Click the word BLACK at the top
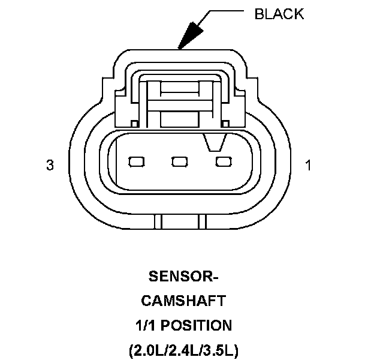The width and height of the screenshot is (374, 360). click(279, 14)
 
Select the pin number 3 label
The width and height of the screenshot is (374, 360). click(50, 165)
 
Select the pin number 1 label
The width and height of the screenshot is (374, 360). click(308, 165)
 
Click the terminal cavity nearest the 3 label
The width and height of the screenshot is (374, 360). click(137, 161)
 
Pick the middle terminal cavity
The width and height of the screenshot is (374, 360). click(179, 161)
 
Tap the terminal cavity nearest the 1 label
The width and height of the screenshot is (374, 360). click(223, 161)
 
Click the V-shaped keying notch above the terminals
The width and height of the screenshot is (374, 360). click(214, 142)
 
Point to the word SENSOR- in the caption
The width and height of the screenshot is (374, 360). click(183, 277)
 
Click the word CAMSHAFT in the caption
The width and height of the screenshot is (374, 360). click(183, 301)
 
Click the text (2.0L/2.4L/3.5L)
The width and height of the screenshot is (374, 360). click(183, 350)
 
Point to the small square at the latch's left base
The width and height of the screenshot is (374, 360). click(135, 124)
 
